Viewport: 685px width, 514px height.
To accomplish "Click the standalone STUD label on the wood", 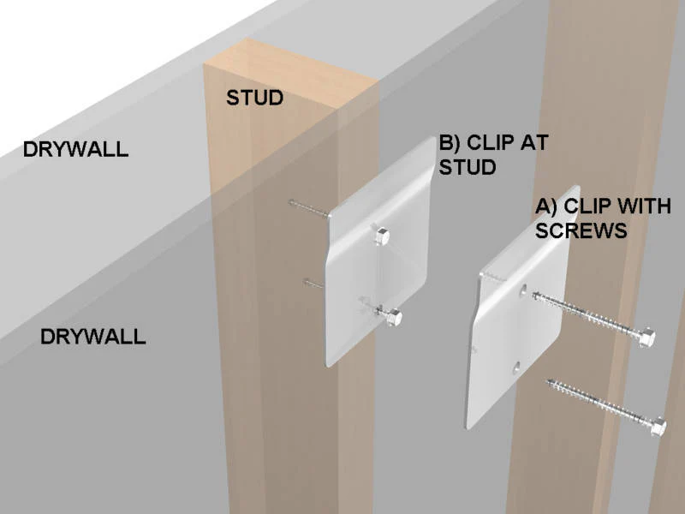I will coord(254,98).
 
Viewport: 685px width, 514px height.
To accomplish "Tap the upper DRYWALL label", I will coord(75,149).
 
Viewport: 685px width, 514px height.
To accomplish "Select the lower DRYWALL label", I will coord(93,337).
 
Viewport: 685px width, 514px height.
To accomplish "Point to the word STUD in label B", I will coord(468,167).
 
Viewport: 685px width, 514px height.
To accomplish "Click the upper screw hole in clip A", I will coord(522,291).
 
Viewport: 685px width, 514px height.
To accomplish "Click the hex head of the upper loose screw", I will coord(647,337).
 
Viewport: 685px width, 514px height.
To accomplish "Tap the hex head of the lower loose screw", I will coord(658,426).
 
